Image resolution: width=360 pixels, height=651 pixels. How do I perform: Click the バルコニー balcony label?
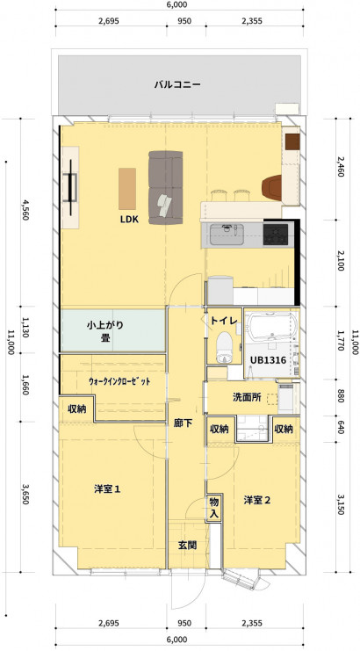click(x=177, y=85)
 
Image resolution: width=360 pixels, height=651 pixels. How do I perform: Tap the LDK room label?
click(x=129, y=220)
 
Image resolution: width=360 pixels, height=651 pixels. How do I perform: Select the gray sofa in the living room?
click(x=165, y=188)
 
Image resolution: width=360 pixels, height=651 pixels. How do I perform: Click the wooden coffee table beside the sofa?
click(x=127, y=189)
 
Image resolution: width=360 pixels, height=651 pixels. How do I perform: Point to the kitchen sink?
click(x=226, y=235)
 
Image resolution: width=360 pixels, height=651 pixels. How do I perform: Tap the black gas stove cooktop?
click(x=276, y=235)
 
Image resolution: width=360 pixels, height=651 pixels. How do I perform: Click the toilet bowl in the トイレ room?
click(x=225, y=347)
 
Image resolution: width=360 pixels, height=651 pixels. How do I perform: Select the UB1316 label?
click(x=268, y=360)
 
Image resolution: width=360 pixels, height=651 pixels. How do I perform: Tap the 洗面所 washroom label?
click(x=247, y=397)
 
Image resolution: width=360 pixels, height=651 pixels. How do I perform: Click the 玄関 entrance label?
click(x=187, y=546)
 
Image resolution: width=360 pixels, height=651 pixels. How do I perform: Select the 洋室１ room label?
click(x=107, y=489)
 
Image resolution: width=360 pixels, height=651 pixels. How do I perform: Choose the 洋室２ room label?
click(x=257, y=500)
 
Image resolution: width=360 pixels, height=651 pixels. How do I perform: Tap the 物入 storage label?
click(x=213, y=507)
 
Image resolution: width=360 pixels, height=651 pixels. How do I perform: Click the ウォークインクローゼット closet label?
click(x=119, y=381)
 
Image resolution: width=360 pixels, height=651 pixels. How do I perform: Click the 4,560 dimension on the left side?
click(x=26, y=210)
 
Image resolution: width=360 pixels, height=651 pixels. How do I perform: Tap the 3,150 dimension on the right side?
click(x=342, y=504)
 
